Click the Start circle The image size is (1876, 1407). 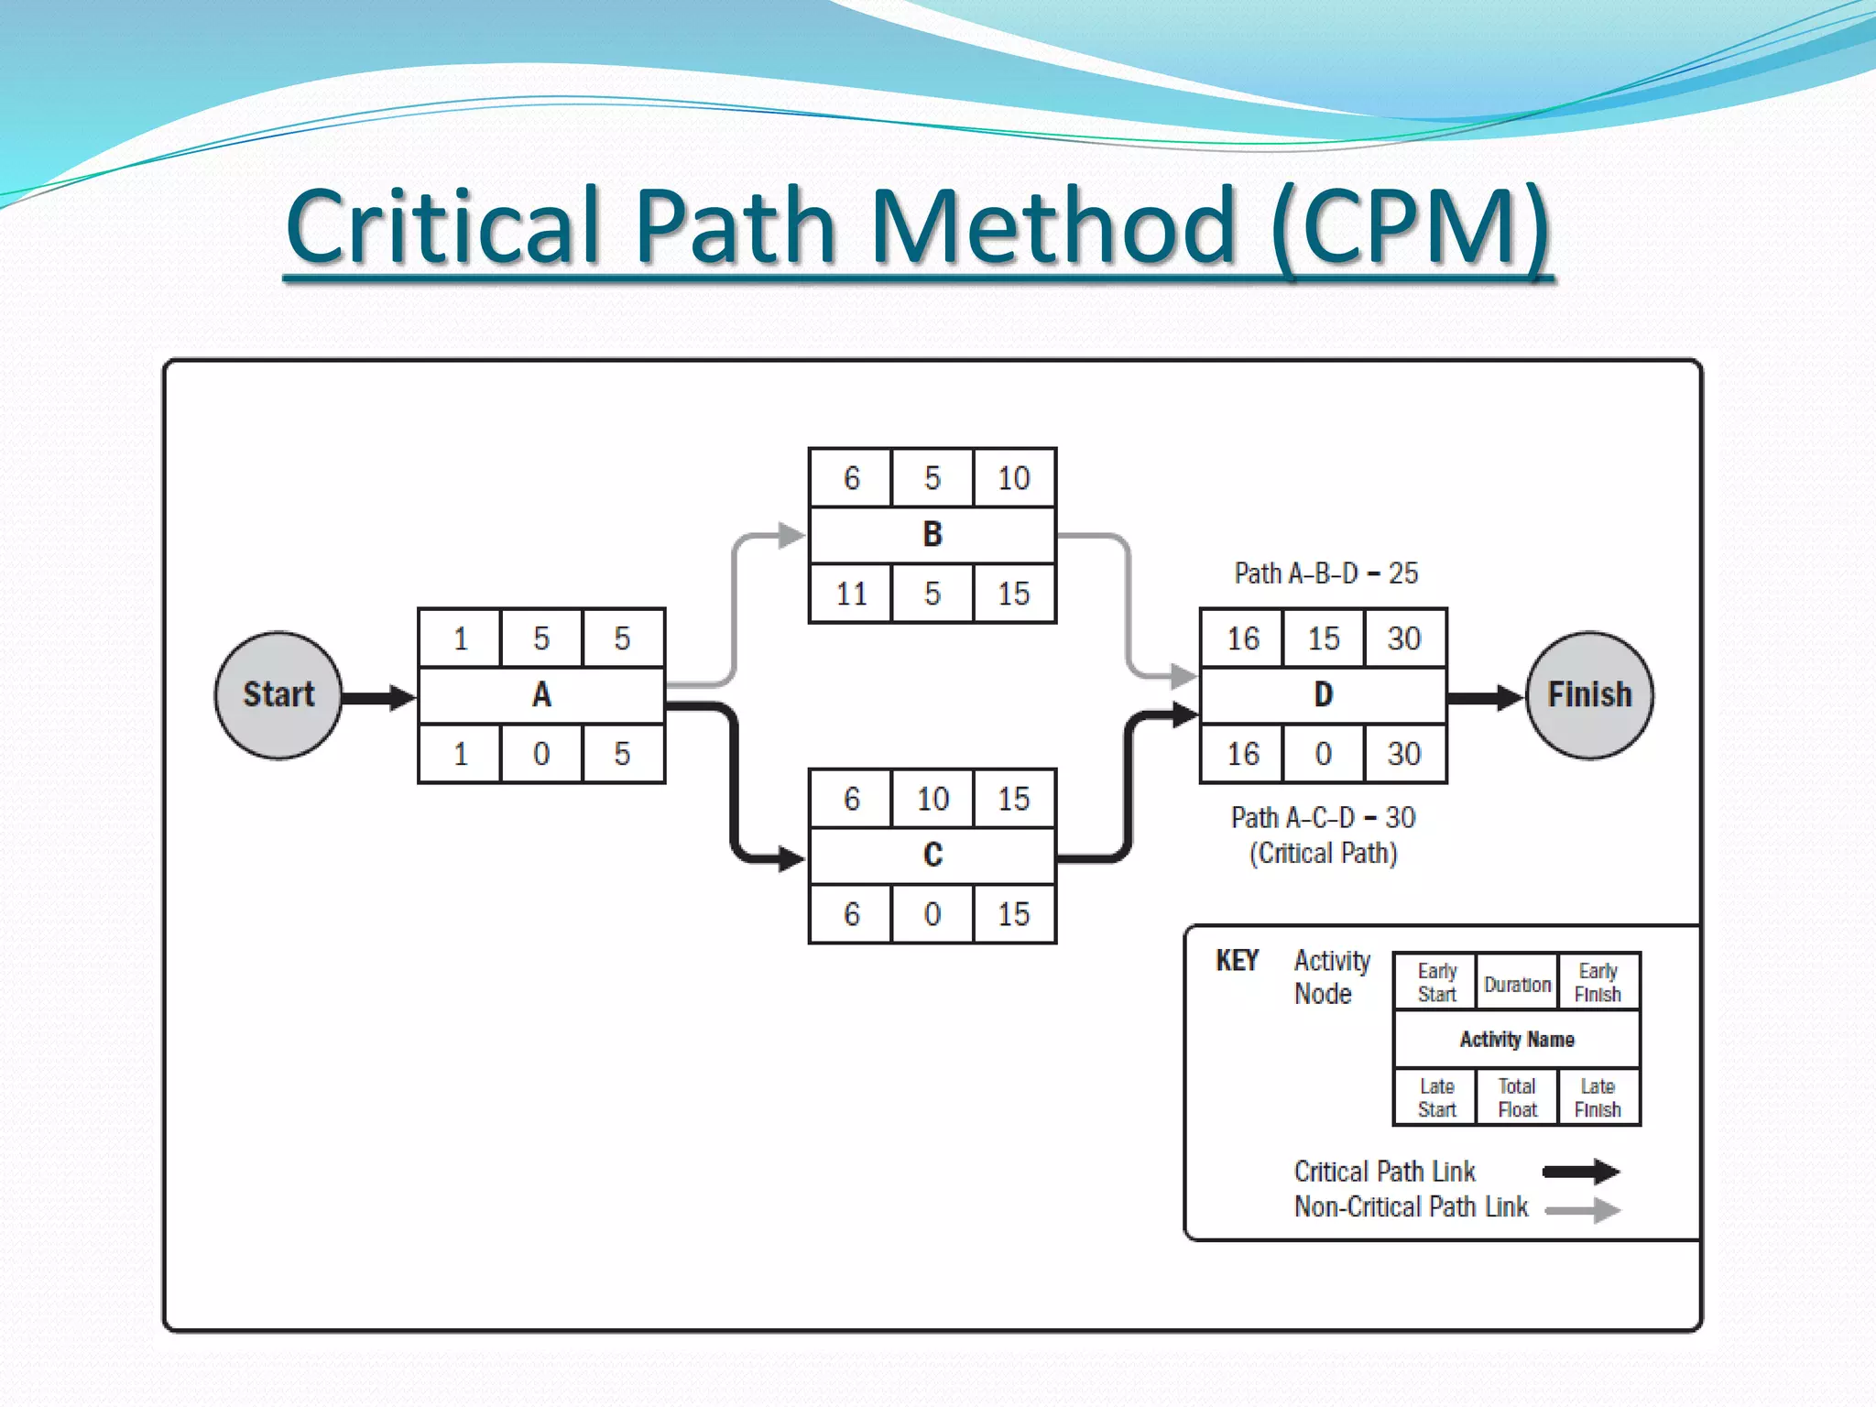click(x=278, y=695)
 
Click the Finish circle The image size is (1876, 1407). click(x=1589, y=695)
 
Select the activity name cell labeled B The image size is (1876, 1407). click(x=933, y=535)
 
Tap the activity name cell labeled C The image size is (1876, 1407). click(x=933, y=856)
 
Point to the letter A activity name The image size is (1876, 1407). click(x=541, y=695)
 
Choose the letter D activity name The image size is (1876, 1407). click(x=1323, y=695)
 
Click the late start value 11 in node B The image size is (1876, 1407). click(x=851, y=594)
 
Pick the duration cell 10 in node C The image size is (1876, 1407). click(x=933, y=799)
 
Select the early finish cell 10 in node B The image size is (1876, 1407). click(x=1013, y=478)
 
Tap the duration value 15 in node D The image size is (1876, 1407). click(x=1323, y=638)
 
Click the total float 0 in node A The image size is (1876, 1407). click(x=541, y=754)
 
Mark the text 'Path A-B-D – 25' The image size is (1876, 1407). click(x=1325, y=573)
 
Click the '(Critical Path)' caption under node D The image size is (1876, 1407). click(x=1323, y=854)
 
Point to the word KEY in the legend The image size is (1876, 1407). click(x=1237, y=960)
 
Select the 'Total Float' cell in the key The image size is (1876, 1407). click(x=1517, y=1097)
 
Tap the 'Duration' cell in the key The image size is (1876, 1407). click(x=1517, y=985)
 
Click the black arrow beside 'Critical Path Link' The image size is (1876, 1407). click(x=1581, y=1172)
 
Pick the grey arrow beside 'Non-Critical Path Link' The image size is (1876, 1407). click(x=1583, y=1210)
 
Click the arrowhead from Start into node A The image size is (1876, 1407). click(x=401, y=698)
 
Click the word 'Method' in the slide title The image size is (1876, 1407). click(x=1053, y=226)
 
